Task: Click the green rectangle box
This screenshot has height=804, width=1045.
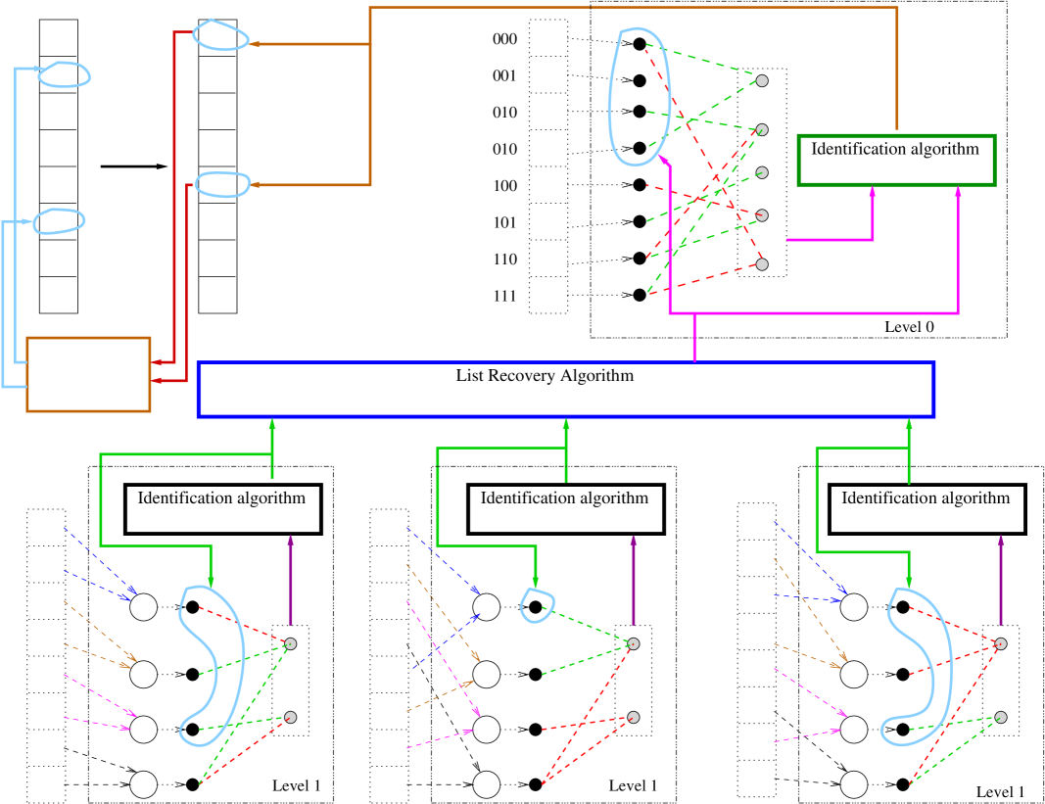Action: pyautogui.click(x=896, y=160)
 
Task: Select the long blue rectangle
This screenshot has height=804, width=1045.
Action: pyautogui.click(x=565, y=389)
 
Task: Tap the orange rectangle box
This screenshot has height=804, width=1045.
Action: pyautogui.click(x=88, y=374)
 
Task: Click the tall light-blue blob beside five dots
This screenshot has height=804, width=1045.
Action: pyautogui.click(x=639, y=96)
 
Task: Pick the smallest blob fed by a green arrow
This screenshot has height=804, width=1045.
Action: pyautogui.click(x=537, y=605)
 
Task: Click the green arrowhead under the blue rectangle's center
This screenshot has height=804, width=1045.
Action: pyautogui.click(x=566, y=424)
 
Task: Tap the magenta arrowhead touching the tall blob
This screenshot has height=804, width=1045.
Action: pyautogui.click(x=663, y=159)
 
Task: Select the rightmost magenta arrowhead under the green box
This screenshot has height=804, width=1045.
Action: pyautogui.click(x=958, y=192)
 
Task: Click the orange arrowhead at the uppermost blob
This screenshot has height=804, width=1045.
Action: pyautogui.click(x=255, y=44)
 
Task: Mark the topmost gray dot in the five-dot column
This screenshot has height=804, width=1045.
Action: pyautogui.click(x=762, y=80)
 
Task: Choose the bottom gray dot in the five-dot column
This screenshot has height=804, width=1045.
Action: pyautogui.click(x=762, y=264)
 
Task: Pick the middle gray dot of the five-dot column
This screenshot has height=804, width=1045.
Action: pyautogui.click(x=762, y=172)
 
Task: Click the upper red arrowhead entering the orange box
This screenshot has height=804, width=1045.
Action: pyautogui.click(x=158, y=362)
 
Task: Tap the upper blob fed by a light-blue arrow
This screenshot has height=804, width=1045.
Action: pyautogui.click(x=65, y=74)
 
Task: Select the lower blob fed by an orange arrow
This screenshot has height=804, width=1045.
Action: pyautogui.click(x=223, y=184)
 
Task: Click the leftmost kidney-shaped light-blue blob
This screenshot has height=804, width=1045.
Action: pyautogui.click(x=212, y=665)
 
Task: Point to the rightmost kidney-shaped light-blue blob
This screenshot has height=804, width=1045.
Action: pyautogui.click(x=919, y=666)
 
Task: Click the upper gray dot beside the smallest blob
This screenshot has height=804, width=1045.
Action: pyautogui.click(x=634, y=643)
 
